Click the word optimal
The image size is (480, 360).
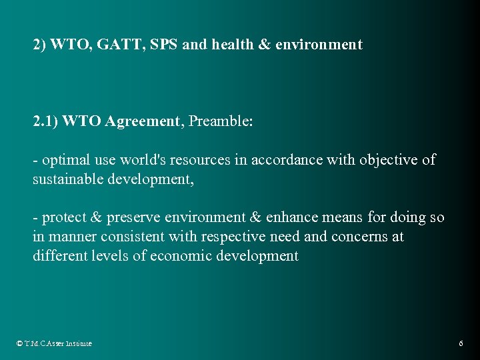(x=65, y=160)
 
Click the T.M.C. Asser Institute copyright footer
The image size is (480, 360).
(x=54, y=343)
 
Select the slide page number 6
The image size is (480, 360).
(x=461, y=343)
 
